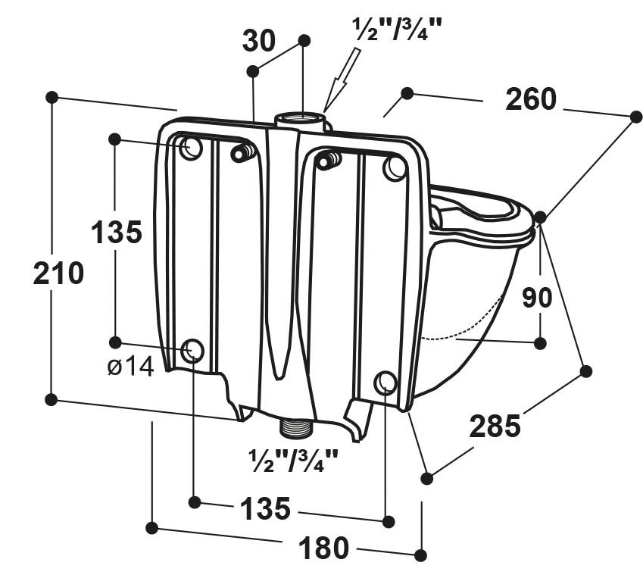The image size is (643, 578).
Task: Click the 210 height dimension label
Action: point(58,273)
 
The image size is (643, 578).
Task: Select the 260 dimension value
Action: point(531,99)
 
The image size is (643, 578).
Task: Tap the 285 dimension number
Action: point(495,426)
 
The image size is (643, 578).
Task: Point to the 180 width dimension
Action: point(324,547)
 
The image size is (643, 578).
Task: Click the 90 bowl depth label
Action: point(537,298)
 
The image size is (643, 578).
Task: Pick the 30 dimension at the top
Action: point(259,42)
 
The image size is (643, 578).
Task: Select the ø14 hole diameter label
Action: point(130,367)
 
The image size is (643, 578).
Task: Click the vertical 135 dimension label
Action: point(117,233)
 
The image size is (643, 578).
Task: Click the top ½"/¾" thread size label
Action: point(397,30)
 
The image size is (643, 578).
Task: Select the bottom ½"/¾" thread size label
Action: point(292,459)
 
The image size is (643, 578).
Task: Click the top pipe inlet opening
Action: point(300,118)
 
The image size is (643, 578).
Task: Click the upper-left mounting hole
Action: point(191,148)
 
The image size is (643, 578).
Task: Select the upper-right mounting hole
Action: point(395,167)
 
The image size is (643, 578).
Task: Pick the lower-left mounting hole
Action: point(192,351)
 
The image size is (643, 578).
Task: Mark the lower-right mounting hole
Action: point(385,383)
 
